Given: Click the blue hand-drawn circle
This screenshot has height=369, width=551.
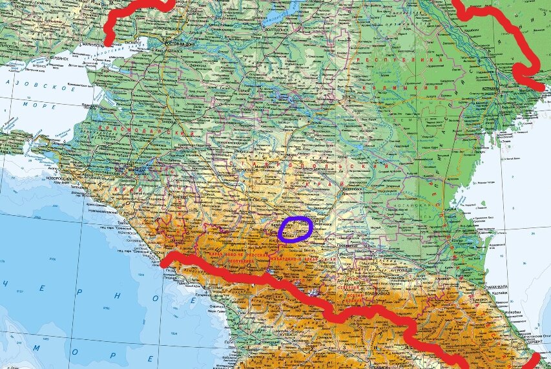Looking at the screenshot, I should pos(296,229).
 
